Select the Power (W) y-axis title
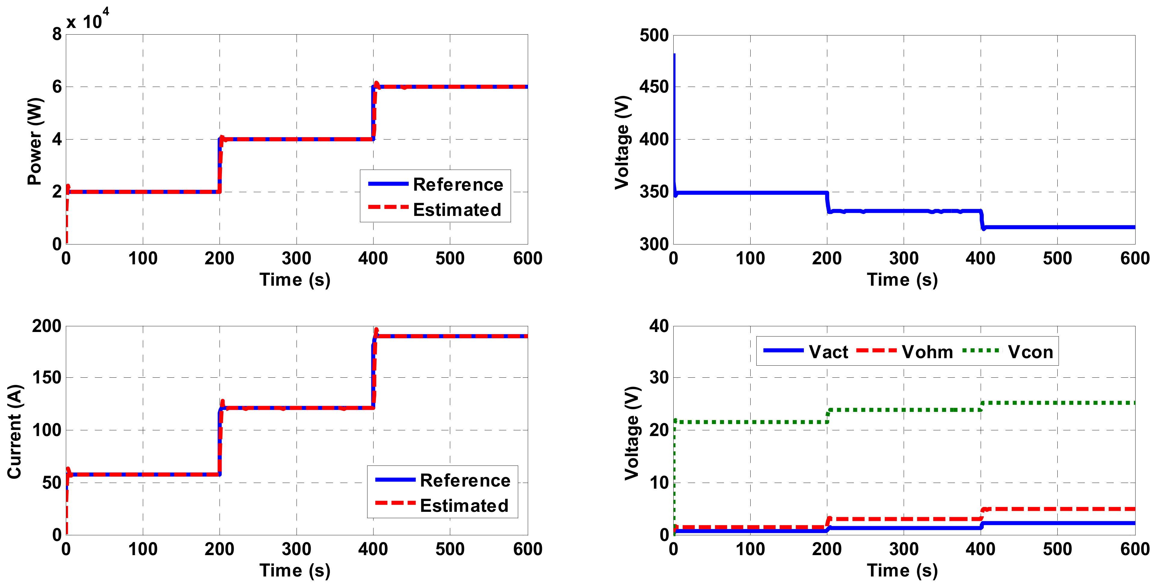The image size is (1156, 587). [35, 141]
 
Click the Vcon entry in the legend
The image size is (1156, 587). [1030, 352]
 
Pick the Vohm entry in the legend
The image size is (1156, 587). [927, 352]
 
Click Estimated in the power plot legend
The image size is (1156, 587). [457, 210]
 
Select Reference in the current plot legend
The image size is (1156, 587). [465, 480]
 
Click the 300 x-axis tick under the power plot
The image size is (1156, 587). [296, 259]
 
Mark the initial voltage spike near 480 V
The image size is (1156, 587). [674, 56]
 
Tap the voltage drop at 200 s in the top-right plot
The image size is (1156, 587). [828, 202]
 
